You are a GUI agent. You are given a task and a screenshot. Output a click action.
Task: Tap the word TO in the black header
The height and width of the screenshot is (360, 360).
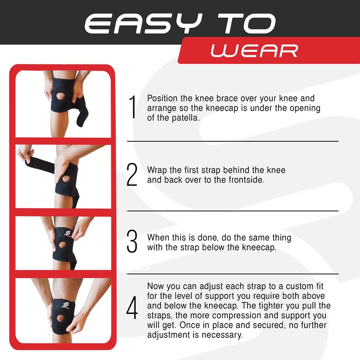247,23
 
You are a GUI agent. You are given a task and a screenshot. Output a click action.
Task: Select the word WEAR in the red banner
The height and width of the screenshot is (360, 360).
254,51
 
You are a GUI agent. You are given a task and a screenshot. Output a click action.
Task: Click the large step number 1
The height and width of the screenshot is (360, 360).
133,107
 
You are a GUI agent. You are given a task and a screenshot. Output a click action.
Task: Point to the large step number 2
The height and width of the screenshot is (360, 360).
132,175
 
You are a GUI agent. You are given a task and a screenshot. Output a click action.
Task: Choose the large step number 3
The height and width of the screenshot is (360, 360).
132,241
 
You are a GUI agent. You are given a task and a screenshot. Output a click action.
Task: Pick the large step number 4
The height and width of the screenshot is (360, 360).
132,308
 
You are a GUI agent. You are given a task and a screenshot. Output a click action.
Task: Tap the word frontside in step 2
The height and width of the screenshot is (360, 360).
246,180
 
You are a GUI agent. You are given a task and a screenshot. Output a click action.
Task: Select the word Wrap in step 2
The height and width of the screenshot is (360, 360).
157,171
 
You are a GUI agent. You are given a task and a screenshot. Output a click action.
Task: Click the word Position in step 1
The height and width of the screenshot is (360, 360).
162,98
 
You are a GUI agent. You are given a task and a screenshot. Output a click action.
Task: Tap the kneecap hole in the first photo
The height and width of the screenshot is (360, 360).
61,96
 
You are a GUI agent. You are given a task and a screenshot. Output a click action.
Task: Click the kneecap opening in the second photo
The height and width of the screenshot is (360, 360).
66,179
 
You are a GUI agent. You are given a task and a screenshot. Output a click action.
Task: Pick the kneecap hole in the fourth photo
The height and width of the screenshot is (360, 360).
60,319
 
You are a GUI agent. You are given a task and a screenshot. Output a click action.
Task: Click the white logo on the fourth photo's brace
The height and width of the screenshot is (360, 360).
66,306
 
